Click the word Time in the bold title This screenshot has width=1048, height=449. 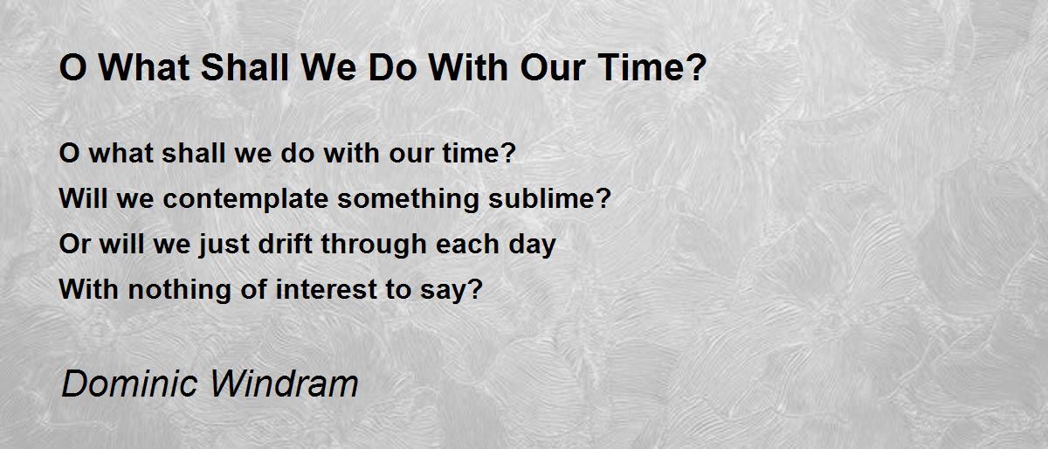coord(639,67)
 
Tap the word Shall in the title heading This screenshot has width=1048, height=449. coord(245,67)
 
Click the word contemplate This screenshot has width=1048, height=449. coord(245,199)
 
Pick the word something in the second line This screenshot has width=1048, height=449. coord(409,199)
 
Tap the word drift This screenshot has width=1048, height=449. coord(286,244)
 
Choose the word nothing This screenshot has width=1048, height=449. coord(179,290)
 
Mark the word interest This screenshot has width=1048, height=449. coord(327,289)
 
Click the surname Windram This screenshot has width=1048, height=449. coord(285,383)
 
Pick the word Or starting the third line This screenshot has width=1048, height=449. coord(74,244)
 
